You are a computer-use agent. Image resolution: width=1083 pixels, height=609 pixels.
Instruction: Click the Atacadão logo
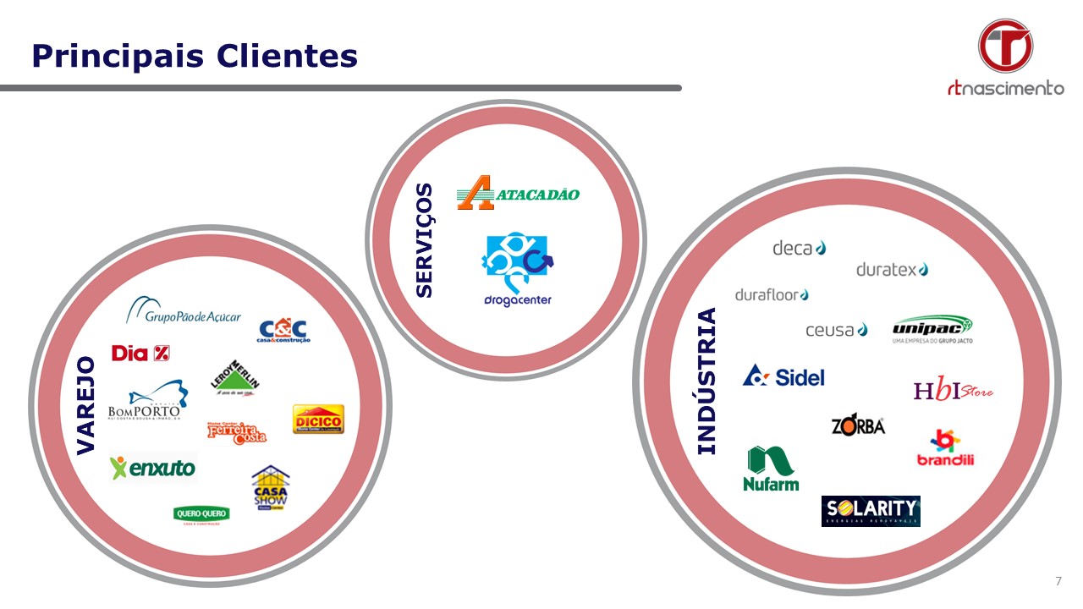[x=518, y=193]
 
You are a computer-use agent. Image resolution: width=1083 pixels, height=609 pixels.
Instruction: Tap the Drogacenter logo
[x=517, y=270]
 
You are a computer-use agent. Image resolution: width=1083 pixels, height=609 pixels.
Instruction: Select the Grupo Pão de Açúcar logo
[x=184, y=311]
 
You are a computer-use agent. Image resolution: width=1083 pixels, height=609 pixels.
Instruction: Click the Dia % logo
[x=141, y=353]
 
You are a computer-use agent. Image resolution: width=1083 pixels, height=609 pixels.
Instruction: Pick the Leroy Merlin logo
[x=235, y=380]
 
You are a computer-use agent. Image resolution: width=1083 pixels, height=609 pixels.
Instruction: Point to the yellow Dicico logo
[x=318, y=420]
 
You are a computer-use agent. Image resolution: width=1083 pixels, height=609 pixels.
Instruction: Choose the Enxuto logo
[x=153, y=466]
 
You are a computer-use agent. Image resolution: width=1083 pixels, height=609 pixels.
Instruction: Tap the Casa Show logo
[x=271, y=487]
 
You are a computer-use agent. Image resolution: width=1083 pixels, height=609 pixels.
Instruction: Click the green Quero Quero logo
[x=201, y=514]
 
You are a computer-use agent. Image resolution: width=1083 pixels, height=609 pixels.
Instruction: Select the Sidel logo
[x=783, y=376]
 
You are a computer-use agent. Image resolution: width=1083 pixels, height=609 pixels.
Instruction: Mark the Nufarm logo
[x=771, y=469]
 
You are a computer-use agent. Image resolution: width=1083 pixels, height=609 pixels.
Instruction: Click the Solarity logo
[x=871, y=511]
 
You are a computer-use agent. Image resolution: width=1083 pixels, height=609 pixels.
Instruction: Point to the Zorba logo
[x=858, y=425]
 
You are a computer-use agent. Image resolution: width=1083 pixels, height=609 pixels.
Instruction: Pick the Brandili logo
[x=945, y=448]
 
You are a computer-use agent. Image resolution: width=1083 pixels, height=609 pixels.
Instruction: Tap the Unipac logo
[x=932, y=329]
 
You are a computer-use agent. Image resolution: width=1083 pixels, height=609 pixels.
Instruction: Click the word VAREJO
[x=86, y=406]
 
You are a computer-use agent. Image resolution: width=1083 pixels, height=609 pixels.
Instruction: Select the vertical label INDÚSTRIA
[x=706, y=381]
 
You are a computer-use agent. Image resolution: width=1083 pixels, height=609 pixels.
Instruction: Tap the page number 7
[x=1058, y=581]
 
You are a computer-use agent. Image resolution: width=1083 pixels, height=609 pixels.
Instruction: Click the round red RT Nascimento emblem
[x=1005, y=46]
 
